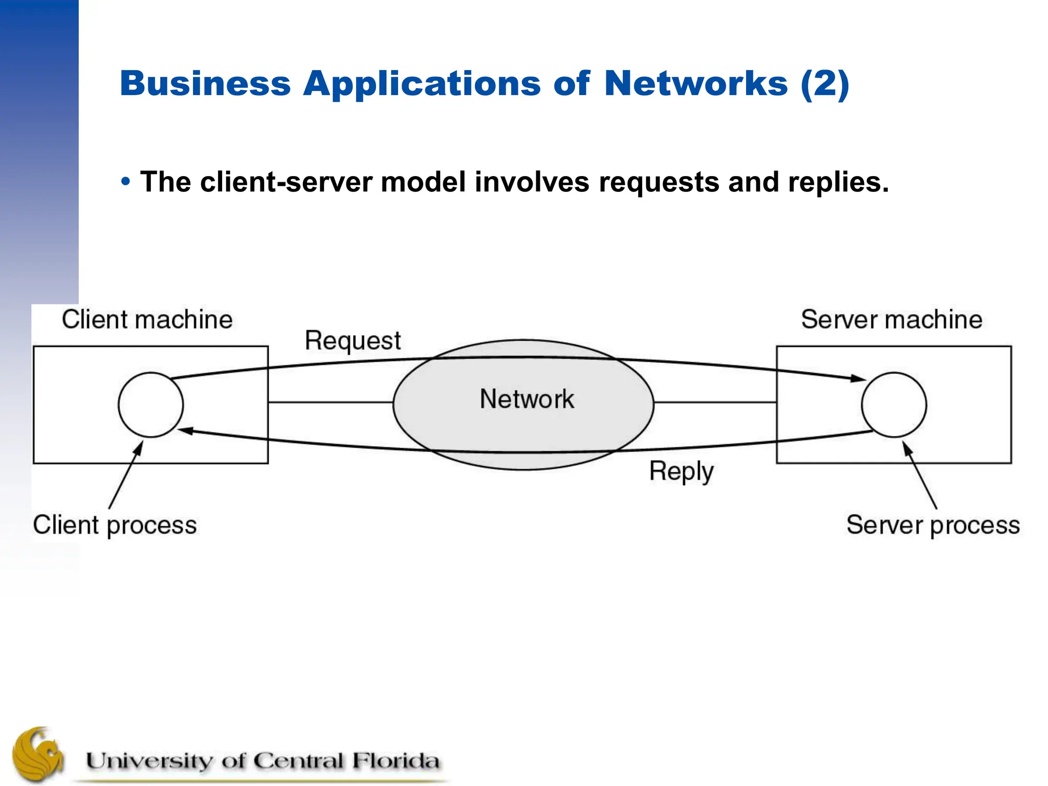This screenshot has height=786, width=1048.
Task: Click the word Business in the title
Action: click(205, 83)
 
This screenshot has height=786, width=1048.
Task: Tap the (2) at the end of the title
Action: click(825, 83)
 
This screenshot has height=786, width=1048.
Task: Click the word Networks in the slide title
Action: click(695, 83)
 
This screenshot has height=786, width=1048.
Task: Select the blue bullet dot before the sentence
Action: click(126, 182)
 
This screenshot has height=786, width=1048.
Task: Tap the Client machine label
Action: click(147, 320)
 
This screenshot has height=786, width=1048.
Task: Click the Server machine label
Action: click(891, 320)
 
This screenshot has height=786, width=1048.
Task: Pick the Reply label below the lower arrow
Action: click(681, 471)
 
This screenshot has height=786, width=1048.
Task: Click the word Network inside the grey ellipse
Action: click(527, 399)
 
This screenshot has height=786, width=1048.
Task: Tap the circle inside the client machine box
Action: click(150, 405)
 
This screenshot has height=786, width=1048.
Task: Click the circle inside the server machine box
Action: click(893, 405)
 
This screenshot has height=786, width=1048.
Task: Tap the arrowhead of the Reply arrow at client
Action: click(185, 431)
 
